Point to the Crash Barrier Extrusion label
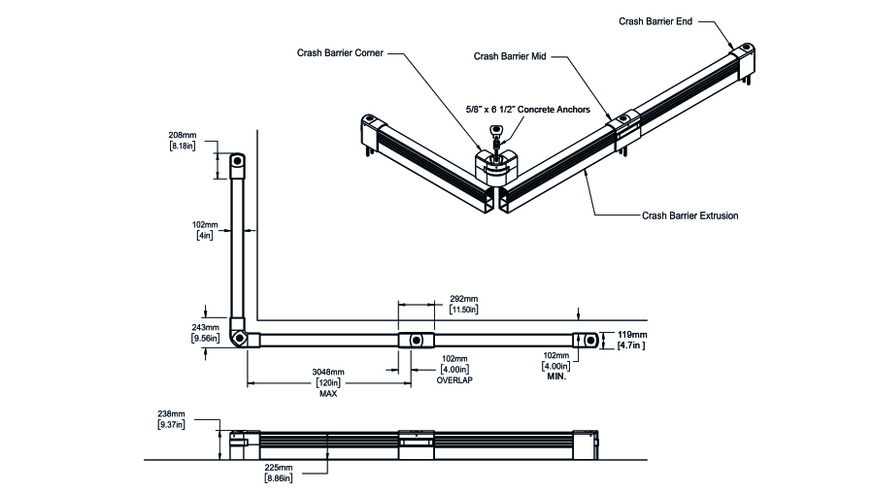pyautogui.click(x=689, y=215)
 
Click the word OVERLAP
pyautogui.click(x=454, y=380)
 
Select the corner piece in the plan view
pyautogui.click(x=240, y=333)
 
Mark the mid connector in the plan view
pyautogui.click(x=415, y=340)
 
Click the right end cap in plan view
pyautogui.click(x=586, y=339)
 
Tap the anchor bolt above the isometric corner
pyautogui.click(x=497, y=134)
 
